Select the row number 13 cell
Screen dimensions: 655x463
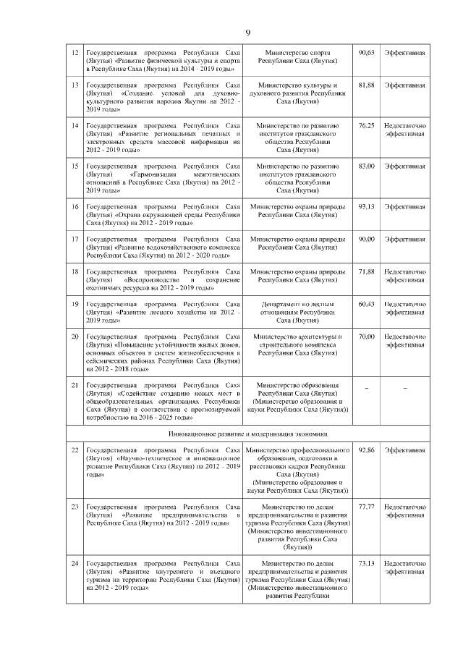click(75, 85)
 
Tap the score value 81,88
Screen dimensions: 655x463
click(367, 85)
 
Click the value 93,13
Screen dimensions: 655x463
click(367, 206)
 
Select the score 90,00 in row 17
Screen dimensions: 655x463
click(367, 238)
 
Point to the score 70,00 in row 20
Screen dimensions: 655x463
click(367, 337)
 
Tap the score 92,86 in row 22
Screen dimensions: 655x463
click(367, 451)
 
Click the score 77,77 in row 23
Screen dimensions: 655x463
click(367, 507)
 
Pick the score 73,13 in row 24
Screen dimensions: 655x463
click(367, 562)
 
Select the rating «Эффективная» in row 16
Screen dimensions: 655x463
click(405, 206)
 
